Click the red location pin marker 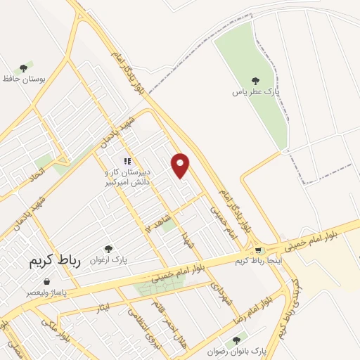coord(181,165)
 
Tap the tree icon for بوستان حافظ coord(23,69)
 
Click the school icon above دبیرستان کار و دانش coord(127,162)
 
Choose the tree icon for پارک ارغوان coord(108,249)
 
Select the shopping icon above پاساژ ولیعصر coord(46,281)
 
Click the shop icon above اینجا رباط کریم coord(259,250)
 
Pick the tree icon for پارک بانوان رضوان coord(243,339)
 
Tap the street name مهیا coord(186,239)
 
